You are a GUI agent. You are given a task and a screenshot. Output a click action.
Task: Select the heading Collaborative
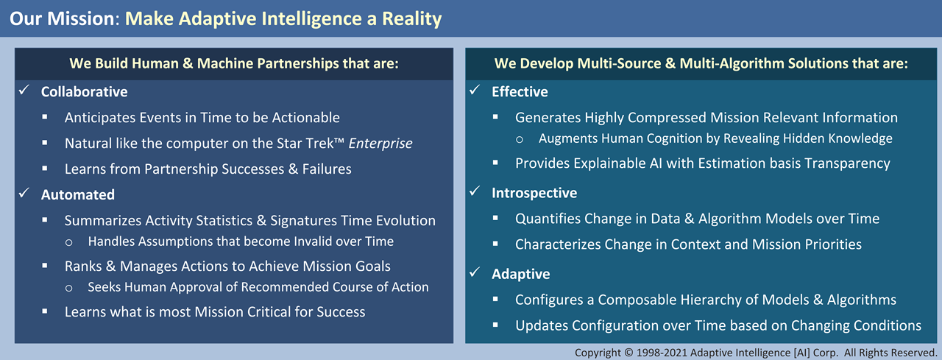coord(84,92)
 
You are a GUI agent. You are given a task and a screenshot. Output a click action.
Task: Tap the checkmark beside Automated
coord(24,193)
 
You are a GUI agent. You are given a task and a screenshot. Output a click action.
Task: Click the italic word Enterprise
coord(380,144)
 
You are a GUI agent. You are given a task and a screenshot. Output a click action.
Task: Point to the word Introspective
coord(534,193)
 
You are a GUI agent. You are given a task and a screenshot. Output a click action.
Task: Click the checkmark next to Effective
coord(475,90)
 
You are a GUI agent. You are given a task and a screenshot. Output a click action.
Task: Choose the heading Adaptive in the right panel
coord(520,274)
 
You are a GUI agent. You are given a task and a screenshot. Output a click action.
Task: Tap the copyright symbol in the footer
coord(628,353)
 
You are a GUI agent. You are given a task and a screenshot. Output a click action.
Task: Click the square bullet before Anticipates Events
coord(45,117)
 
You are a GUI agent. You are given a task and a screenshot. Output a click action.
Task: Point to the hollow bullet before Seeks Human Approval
coord(68,288)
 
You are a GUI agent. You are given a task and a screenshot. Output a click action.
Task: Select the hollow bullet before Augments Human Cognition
coord(520,140)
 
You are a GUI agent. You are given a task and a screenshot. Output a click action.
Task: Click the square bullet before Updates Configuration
coord(495,325)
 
